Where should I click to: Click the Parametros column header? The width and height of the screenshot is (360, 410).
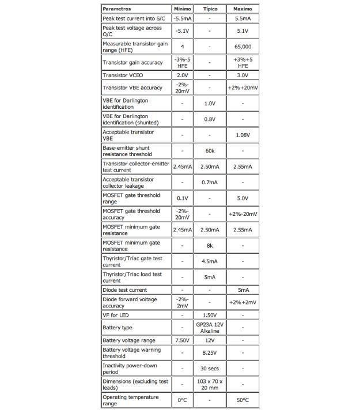click(117, 9)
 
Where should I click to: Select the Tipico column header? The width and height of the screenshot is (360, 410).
click(210, 9)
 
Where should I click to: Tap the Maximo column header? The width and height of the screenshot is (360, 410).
click(242, 9)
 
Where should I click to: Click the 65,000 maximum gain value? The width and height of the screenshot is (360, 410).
click(242, 47)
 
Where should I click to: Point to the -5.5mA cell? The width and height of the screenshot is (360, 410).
click(182, 19)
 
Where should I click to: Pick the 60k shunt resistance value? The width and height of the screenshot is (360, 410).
click(210, 151)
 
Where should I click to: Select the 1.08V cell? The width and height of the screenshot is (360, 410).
click(242, 135)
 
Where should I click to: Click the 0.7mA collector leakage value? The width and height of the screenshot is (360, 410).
click(210, 183)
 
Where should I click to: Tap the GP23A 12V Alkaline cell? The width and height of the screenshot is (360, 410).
click(210, 328)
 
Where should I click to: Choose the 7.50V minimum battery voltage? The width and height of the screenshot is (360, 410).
click(182, 340)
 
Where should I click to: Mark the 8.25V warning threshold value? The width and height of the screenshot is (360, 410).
click(210, 353)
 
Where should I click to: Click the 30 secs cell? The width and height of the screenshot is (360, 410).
click(210, 369)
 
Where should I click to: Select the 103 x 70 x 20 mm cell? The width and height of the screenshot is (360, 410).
click(210, 385)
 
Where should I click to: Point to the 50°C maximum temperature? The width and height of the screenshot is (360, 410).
click(242, 400)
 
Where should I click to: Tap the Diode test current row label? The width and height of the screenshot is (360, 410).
click(125, 290)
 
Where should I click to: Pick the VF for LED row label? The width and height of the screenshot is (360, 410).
click(116, 315)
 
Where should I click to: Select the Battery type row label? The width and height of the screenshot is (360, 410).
click(118, 328)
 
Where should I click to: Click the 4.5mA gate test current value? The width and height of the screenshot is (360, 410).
click(210, 261)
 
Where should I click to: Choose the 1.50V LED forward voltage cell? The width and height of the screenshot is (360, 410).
click(210, 315)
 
